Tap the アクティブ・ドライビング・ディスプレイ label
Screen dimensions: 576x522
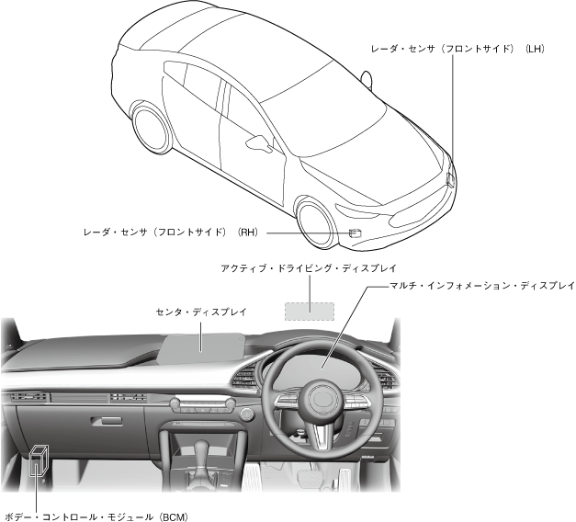coord(308,269)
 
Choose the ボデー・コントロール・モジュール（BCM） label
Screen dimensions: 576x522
coord(96,516)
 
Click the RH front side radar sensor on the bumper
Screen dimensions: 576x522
coord(354,233)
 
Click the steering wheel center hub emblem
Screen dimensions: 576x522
coord(323,402)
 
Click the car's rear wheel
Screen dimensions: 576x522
coord(152,126)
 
